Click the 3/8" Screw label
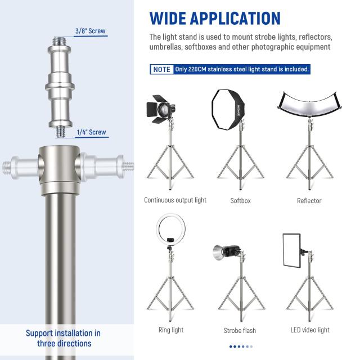91,31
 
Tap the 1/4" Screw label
91,132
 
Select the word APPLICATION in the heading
235,18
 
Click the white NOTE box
162,69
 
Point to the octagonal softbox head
228,109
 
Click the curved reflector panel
309,105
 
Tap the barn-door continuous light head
161,109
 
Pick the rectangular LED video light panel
291,250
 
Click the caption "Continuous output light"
175,200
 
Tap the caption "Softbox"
240,201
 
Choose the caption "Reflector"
309,201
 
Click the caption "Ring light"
171,330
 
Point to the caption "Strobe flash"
240,330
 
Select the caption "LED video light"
310,330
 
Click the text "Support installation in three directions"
64,338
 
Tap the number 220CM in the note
197,69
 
